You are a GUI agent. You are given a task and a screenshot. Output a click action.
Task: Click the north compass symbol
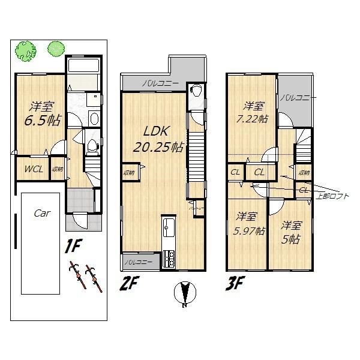click(184, 294)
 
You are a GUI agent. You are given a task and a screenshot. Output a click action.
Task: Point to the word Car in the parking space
click(41, 213)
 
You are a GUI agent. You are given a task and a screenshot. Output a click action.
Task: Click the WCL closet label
click(33, 169)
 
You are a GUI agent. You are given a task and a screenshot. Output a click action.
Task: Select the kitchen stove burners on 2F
click(168, 259)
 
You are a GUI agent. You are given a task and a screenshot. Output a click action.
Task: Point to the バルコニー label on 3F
click(298, 97)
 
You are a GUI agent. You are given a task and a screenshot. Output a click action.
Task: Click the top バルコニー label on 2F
click(160, 84)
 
